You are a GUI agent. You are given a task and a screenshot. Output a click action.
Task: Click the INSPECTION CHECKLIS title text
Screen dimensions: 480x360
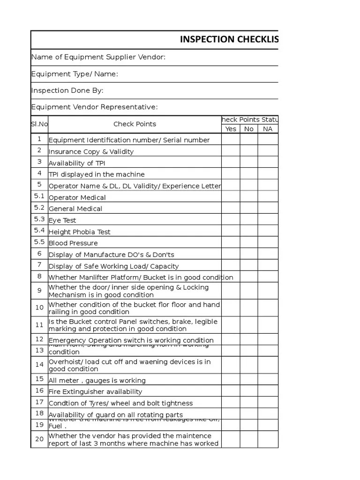tap(229, 39)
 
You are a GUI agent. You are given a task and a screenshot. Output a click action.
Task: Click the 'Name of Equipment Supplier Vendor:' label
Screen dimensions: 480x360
tap(98, 57)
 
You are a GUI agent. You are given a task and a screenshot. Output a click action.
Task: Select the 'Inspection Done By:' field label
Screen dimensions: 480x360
tap(67, 90)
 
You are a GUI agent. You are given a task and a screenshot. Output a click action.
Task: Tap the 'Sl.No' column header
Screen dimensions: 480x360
tap(39, 124)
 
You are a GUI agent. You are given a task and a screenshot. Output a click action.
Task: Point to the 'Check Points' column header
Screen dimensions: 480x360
tap(135, 124)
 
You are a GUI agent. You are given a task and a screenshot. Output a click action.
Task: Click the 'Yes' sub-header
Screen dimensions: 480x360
tap(231, 129)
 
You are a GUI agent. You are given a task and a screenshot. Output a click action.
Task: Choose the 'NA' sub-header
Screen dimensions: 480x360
tap(268, 129)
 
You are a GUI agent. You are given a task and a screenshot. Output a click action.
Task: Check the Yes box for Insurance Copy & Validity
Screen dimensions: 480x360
tap(231, 151)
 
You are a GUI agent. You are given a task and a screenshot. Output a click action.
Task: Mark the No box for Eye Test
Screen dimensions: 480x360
tap(249, 219)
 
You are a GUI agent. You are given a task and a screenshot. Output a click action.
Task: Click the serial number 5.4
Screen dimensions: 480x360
tap(39, 231)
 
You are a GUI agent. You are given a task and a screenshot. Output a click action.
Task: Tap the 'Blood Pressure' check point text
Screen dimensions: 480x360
tap(73, 243)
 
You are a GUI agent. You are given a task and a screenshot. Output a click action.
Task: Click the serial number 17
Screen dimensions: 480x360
tap(39, 402)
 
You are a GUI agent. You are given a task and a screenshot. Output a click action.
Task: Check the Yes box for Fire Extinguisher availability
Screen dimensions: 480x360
tap(231, 391)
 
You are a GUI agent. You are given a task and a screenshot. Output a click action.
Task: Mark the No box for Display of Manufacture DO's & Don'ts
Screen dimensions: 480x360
tap(249, 254)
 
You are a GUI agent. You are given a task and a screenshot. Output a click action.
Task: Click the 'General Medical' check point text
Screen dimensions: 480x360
tap(75, 209)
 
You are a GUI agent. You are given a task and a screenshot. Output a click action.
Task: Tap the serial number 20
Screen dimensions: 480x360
tap(39, 439)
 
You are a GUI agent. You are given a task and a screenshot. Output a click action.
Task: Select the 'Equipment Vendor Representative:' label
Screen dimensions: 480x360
tap(94, 107)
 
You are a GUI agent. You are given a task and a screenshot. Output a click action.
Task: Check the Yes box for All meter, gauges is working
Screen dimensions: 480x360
tap(231, 380)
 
